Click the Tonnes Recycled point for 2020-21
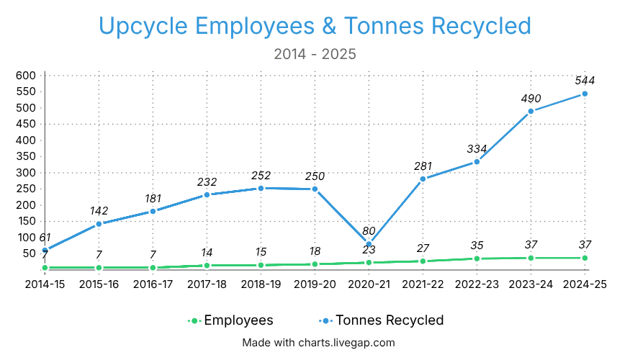coord(369,244)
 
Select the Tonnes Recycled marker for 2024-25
coord(585,94)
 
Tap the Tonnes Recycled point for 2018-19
coord(261,188)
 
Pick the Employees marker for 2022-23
coord(477,258)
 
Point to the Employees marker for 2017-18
coord(207,266)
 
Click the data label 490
coord(531,98)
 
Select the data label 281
coord(423,166)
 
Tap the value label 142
coord(99,211)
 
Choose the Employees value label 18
coord(315,251)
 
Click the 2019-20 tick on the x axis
coord(315,284)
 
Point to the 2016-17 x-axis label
coord(153,284)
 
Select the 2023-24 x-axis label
coord(531,284)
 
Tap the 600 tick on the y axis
coord(26,76)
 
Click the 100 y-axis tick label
coord(26,238)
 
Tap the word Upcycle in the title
coord(143,26)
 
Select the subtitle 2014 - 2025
coord(315,54)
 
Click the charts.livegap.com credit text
coord(318,343)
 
